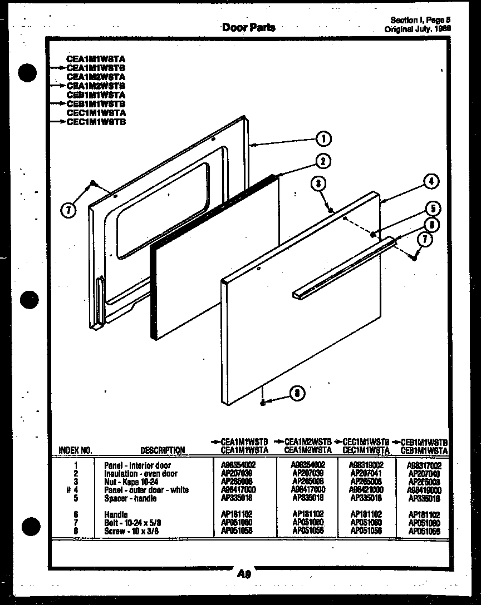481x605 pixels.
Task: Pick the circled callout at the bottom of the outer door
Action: [x=297, y=394]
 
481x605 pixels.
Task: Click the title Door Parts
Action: [x=248, y=27]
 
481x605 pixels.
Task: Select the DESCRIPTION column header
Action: [x=163, y=450]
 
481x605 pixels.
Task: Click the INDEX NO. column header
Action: [x=75, y=450]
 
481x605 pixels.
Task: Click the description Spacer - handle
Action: [x=130, y=498]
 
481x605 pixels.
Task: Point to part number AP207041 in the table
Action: [x=366, y=473]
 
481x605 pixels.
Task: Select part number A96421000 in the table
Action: [x=366, y=489]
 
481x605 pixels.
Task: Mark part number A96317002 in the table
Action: [x=424, y=465]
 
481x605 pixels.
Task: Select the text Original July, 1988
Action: [x=418, y=29]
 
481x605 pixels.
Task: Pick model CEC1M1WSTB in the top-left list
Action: [x=96, y=122]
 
